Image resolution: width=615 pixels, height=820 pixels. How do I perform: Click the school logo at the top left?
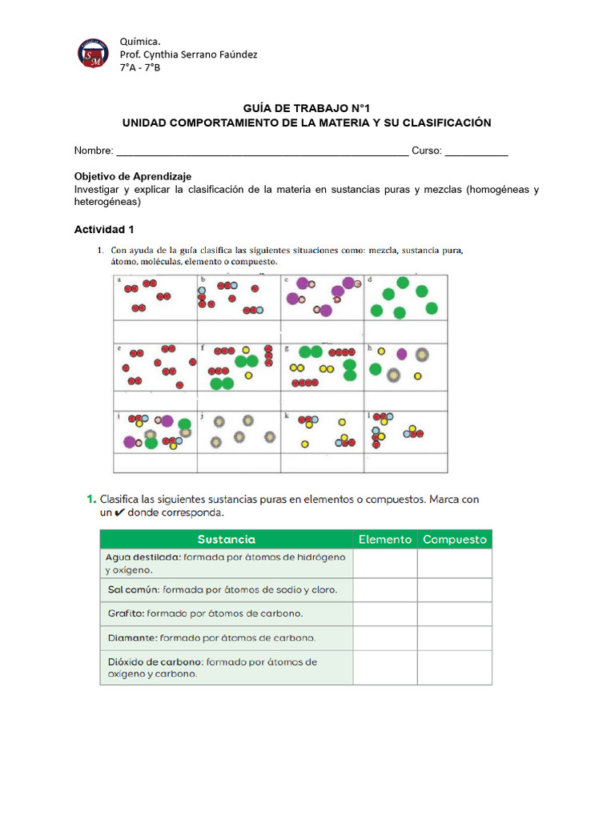(x=93, y=53)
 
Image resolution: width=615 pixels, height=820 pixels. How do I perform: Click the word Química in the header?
(x=139, y=40)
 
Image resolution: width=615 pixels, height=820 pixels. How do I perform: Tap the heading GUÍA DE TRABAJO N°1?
(x=306, y=108)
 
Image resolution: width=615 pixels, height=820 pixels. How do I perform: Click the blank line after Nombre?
(x=262, y=151)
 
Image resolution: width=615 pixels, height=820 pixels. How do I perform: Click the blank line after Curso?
(x=476, y=151)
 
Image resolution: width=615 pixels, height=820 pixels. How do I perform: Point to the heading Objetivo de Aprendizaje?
(x=133, y=176)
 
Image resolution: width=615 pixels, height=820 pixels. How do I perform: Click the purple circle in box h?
(x=401, y=354)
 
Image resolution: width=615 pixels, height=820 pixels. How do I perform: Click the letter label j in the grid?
(x=203, y=416)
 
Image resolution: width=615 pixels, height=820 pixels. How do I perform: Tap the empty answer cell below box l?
(x=406, y=463)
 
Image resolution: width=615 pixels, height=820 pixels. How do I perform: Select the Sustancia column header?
(x=226, y=540)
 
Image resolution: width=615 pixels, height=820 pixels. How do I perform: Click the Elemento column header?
(x=385, y=540)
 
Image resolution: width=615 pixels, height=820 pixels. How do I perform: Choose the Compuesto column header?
(x=455, y=540)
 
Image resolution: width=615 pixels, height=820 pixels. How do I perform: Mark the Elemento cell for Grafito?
(x=385, y=614)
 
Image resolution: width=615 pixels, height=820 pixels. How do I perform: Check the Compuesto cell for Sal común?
(x=455, y=590)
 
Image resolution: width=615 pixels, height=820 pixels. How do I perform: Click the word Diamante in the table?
(x=132, y=638)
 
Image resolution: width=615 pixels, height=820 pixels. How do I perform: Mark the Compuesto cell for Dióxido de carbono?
(x=455, y=668)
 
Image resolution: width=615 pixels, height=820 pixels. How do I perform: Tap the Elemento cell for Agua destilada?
(x=385, y=563)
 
